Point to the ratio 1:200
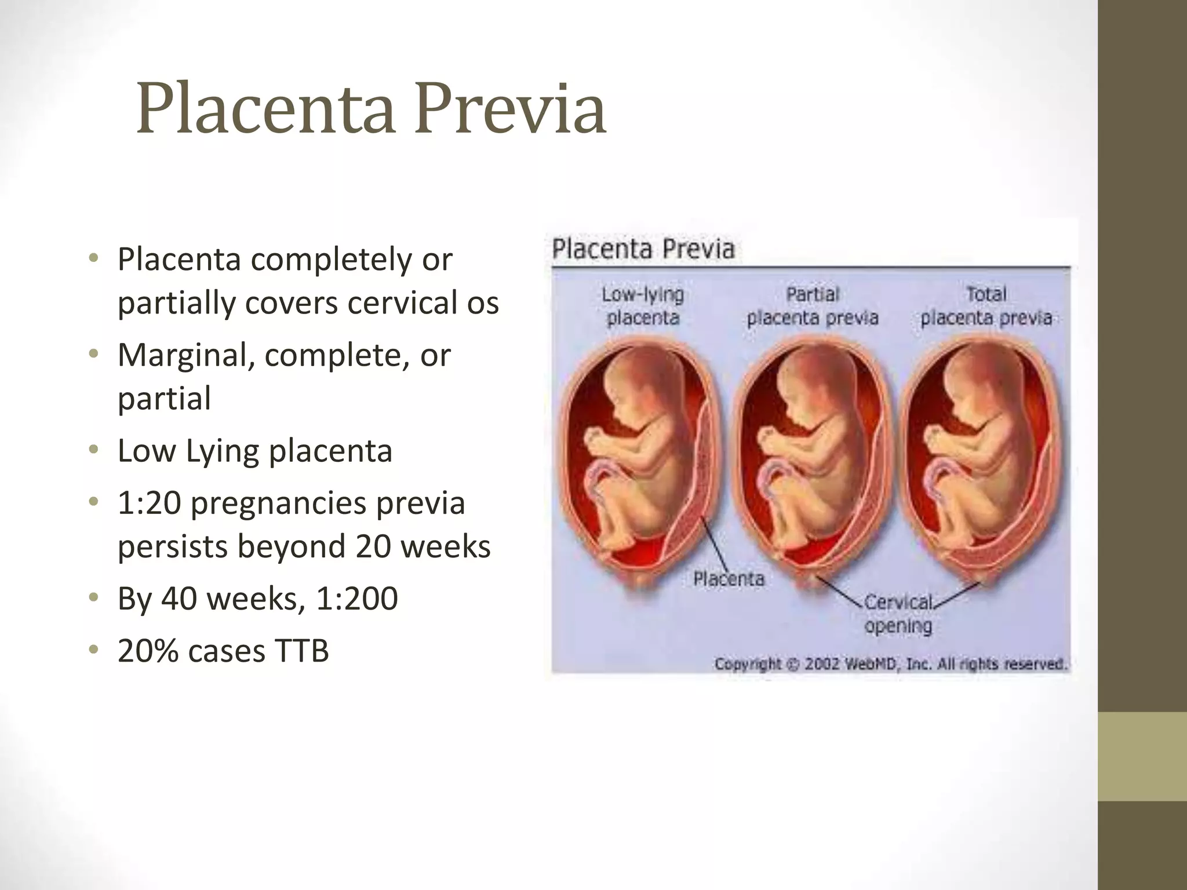(357, 599)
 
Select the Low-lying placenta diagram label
(643, 306)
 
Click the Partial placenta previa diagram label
(813, 306)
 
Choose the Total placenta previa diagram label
(986, 306)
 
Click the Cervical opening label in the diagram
(898, 614)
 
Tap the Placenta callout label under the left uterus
(729, 578)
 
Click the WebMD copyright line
(890, 663)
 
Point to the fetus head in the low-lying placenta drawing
(629, 382)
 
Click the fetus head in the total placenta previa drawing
(968, 382)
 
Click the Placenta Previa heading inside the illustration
(643, 249)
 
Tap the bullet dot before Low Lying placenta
(93, 450)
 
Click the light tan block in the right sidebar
(1142, 756)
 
